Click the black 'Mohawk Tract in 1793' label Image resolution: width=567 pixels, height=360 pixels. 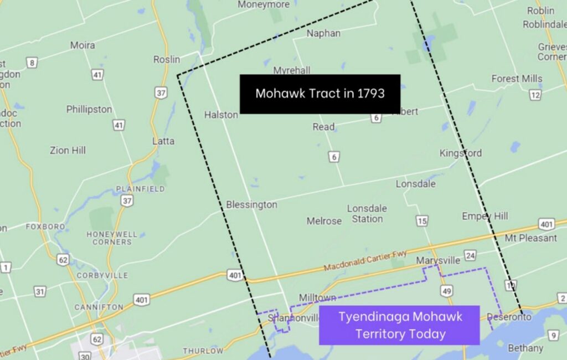point(319,94)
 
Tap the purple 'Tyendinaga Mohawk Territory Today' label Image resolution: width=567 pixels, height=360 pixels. point(399,325)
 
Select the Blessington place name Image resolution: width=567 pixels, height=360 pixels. point(251,205)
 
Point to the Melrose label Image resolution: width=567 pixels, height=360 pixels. point(324,221)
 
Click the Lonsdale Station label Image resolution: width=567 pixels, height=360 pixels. point(367,214)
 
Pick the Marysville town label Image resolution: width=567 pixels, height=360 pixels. point(438,260)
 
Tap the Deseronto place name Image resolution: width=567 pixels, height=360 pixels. point(510,317)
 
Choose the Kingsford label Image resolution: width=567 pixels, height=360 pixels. point(461,153)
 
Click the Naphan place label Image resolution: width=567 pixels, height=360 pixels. point(323,33)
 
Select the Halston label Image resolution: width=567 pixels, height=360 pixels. point(221,115)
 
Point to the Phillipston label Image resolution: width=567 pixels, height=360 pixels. point(89,109)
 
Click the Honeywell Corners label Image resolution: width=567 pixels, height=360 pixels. point(112,238)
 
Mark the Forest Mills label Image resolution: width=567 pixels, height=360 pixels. point(517,79)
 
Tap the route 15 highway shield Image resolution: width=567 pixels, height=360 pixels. point(422,222)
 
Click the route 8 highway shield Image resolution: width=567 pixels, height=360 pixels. point(33,63)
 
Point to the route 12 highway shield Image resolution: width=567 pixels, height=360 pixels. point(534,95)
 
